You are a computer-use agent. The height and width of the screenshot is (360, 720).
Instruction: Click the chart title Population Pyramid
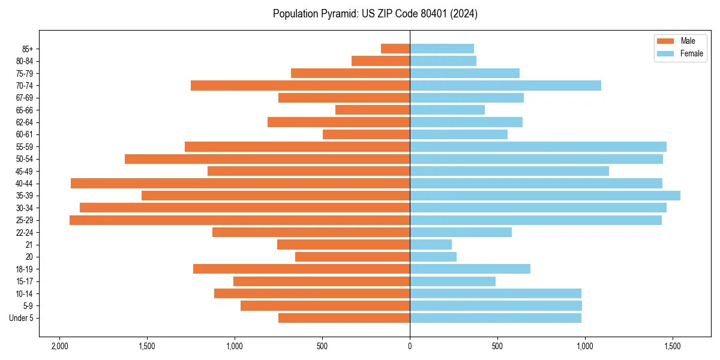(x=375, y=14)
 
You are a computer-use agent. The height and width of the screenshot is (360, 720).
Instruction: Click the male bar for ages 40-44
(x=240, y=184)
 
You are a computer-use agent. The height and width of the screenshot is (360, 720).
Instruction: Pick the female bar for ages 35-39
(x=545, y=196)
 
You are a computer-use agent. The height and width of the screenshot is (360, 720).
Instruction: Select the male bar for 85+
(x=395, y=49)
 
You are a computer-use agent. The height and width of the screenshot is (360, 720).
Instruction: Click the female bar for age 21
(x=431, y=245)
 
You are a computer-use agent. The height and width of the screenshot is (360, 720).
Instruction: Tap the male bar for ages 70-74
(x=300, y=86)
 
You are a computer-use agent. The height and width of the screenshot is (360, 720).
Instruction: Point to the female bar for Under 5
(x=496, y=318)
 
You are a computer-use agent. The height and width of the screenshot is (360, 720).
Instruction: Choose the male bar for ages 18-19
(x=301, y=269)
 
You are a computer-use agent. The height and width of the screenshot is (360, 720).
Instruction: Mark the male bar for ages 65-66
(x=373, y=110)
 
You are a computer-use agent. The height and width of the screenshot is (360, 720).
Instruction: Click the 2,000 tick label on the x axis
(x=59, y=346)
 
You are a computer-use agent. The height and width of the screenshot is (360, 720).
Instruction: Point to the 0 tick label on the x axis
(x=410, y=346)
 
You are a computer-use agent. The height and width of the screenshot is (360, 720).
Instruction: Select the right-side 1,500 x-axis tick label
(x=672, y=346)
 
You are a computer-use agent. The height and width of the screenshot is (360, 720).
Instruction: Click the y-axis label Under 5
(x=21, y=318)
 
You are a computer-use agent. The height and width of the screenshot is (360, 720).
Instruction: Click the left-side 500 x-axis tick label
(x=322, y=346)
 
